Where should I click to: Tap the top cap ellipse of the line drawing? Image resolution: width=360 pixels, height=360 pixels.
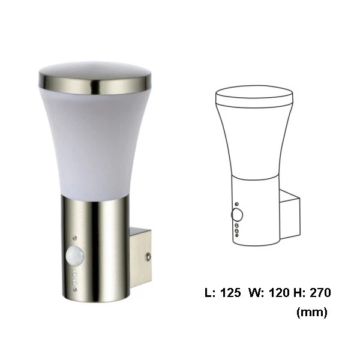254,94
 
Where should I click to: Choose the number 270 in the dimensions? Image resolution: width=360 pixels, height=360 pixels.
319,293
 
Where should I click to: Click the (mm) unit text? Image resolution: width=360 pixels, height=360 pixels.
311,313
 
